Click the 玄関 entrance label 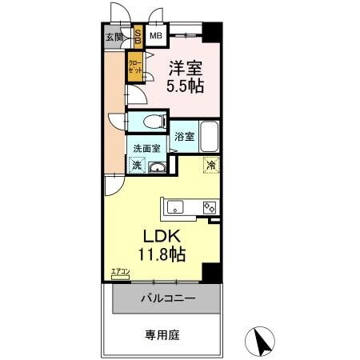tap(114, 36)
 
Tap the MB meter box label tap(156, 35)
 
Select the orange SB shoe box tap(138, 35)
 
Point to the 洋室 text tap(183, 69)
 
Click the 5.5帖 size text tap(183, 86)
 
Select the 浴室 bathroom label tap(185, 136)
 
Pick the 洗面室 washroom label tap(146, 148)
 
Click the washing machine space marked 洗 tap(136, 166)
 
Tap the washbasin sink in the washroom tap(158, 166)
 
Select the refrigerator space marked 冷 tap(211, 166)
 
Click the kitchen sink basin tap(175, 208)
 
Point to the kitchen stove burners tap(210, 207)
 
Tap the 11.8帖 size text tap(165, 255)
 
